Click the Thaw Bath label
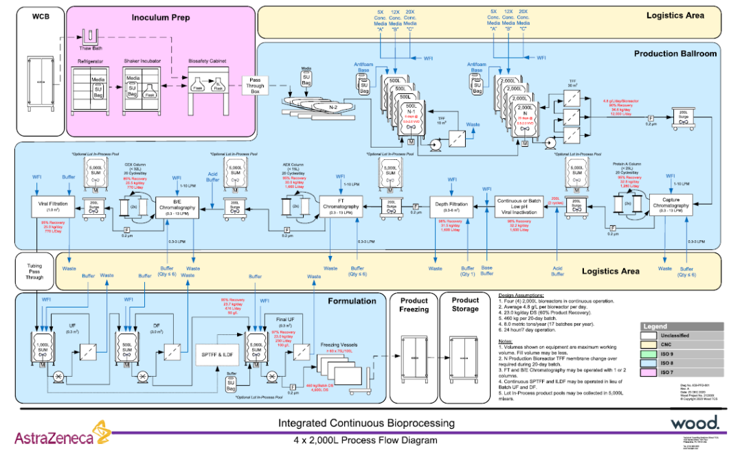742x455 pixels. pyautogui.click(x=90, y=48)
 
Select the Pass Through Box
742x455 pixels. pyautogui.click(x=256, y=85)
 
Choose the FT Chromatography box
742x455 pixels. pyautogui.click(x=341, y=206)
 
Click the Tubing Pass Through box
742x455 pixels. pyautogui.click(x=34, y=271)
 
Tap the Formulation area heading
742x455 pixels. pyautogui.click(x=352, y=301)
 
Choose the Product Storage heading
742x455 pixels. pyautogui.click(x=465, y=305)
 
